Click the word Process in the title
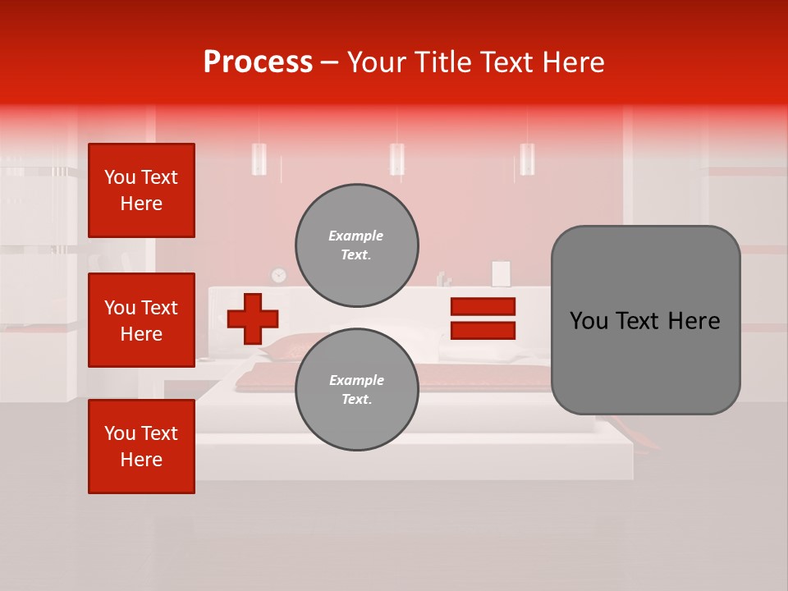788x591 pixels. (x=258, y=62)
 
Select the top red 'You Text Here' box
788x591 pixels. (x=141, y=190)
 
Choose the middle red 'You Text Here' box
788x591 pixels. (x=141, y=320)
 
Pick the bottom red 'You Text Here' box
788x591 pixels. (x=141, y=447)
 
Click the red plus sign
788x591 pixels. (x=253, y=318)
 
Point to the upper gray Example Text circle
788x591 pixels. (x=356, y=245)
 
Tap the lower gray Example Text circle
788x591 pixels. (x=356, y=390)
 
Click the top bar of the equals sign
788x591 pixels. (x=483, y=306)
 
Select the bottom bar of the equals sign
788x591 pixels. (x=483, y=331)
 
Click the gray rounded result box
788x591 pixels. (x=645, y=320)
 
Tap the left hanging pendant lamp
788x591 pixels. (x=259, y=158)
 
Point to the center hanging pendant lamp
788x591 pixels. (x=396, y=158)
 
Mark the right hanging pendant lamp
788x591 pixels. (x=527, y=158)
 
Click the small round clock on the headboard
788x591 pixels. (x=279, y=275)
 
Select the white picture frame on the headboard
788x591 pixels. (x=501, y=273)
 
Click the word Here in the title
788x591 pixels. (x=571, y=62)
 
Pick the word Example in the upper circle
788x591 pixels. (x=356, y=236)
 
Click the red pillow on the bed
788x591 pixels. (x=291, y=346)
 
